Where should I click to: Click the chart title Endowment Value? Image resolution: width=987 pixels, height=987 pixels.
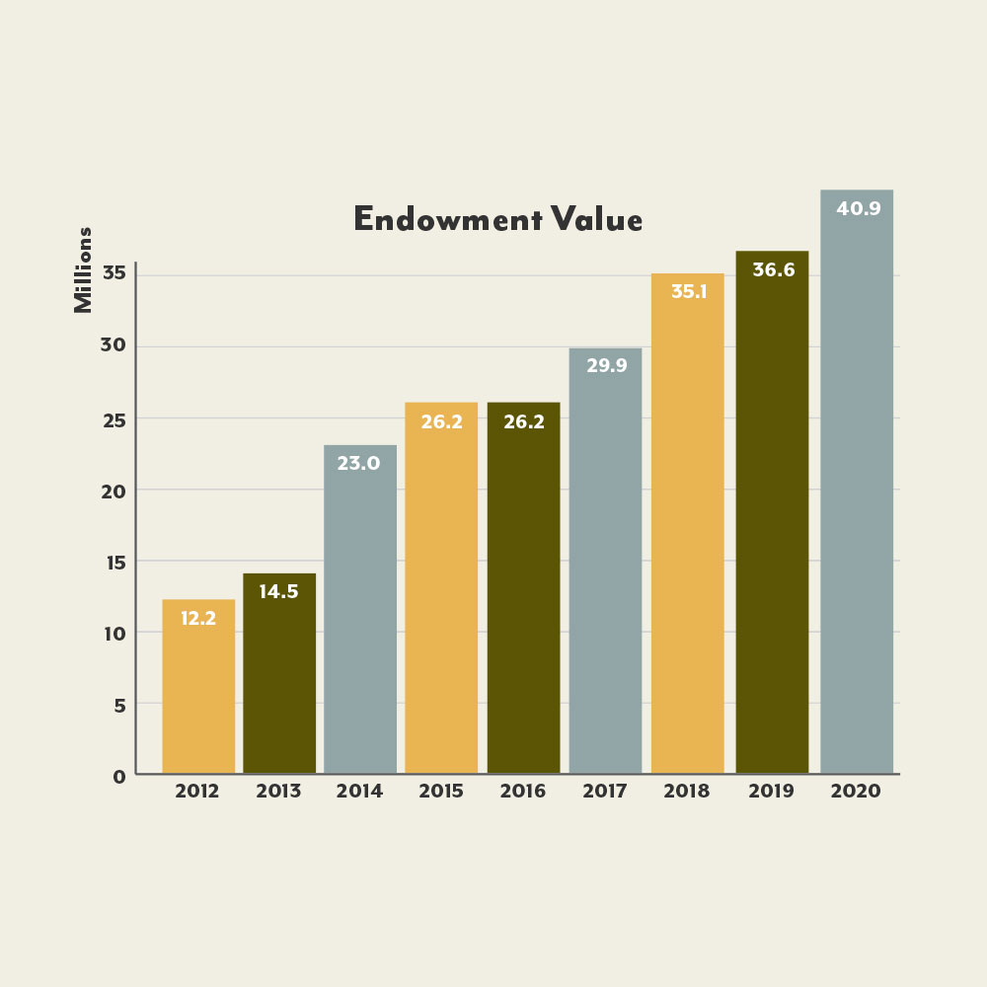point(497,219)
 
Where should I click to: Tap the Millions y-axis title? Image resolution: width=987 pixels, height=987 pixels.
point(84,270)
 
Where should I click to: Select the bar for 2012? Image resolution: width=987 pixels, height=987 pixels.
point(198,691)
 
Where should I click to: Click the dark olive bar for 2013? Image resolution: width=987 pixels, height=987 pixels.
point(279,681)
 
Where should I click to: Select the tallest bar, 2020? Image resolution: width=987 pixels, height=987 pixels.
point(857,493)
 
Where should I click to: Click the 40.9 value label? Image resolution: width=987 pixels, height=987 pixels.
point(858,209)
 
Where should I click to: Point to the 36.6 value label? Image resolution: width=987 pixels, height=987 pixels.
point(773,270)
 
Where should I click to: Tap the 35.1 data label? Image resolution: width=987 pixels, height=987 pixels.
point(688,292)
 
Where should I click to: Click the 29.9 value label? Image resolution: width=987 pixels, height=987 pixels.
point(605,365)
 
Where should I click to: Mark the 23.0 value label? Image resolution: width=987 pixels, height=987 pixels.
point(359,463)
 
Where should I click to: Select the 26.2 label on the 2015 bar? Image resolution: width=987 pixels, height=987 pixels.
point(441,420)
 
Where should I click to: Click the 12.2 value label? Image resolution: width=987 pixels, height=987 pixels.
point(198,619)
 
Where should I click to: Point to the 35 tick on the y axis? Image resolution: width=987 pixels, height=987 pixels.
point(113,274)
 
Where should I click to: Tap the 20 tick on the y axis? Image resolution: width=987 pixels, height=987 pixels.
point(113,491)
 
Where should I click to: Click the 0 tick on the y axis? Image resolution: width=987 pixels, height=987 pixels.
point(118,777)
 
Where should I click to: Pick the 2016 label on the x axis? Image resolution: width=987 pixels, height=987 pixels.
point(522,792)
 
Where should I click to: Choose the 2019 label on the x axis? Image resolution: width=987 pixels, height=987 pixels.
point(772,792)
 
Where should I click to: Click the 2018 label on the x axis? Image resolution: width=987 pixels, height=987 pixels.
point(687,792)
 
